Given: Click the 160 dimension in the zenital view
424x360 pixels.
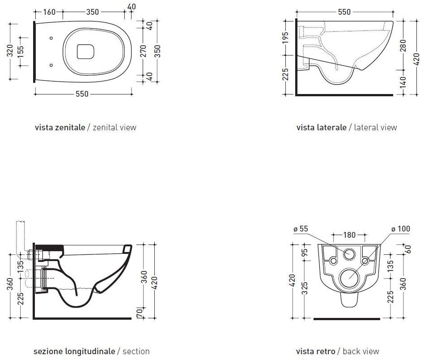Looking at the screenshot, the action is [x=49, y=12].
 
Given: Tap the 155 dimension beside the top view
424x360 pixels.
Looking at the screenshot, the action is [x=20, y=51].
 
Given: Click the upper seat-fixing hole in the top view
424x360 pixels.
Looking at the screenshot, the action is [x=51, y=38].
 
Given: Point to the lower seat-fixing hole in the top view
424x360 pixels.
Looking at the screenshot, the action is [x=51, y=65].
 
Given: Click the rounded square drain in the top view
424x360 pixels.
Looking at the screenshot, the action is [x=85, y=51].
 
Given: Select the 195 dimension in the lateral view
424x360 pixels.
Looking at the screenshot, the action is [x=285, y=38].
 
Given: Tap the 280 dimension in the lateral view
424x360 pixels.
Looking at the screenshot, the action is [x=403, y=46].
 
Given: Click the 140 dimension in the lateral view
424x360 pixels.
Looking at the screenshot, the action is [x=403, y=82].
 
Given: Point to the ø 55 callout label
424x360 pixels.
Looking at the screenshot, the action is [x=301, y=229].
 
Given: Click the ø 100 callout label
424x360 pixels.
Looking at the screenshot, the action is [x=401, y=229].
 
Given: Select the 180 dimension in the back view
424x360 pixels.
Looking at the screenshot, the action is [x=349, y=235].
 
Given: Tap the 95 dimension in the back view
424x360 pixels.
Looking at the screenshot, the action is [x=305, y=252].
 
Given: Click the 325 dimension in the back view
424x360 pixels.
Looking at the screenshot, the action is [x=305, y=288].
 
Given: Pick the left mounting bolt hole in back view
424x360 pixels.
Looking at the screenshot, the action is [x=333, y=261].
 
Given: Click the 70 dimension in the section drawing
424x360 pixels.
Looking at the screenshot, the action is [x=140, y=313].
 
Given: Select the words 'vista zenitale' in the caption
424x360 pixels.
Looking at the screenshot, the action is [x=60, y=127].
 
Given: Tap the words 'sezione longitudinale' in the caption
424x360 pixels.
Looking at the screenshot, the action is [x=74, y=351].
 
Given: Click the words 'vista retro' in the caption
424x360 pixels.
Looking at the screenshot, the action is [x=316, y=351].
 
